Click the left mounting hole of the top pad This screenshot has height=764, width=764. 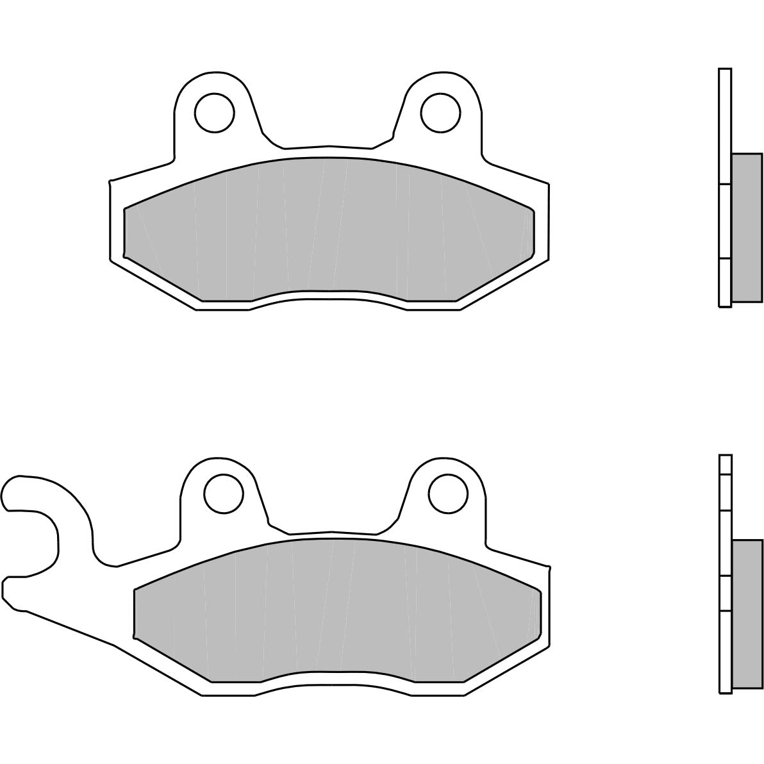click(x=215, y=112)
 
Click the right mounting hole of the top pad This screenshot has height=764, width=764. click(x=440, y=112)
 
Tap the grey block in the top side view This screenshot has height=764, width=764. click(x=747, y=228)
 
